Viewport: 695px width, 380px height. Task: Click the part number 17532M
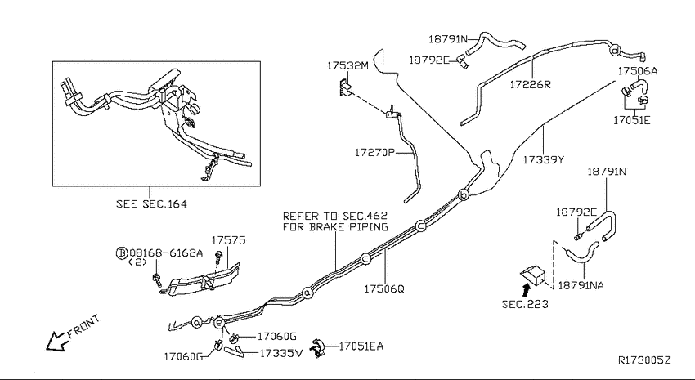pos(348,66)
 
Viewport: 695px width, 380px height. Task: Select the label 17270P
pos(374,152)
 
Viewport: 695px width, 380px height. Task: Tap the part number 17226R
pos(530,85)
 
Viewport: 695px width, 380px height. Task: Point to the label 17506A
pos(638,71)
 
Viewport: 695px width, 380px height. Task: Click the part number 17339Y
pos(544,159)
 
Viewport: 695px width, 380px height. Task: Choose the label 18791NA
pos(581,286)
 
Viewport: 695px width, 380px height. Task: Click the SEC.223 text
pos(525,304)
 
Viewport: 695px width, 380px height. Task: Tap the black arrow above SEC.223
pos(526,291)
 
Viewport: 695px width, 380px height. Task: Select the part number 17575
pos(228,240)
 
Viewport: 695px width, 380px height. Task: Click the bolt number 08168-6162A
pos(166,253)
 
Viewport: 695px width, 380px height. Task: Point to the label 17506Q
pos(384,288)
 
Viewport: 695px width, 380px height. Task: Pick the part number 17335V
pos(281,353)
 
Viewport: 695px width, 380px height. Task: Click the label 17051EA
pos(361,346)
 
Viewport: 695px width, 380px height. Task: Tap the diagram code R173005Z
pos(644,360)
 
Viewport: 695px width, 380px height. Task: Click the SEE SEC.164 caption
pos(151,203)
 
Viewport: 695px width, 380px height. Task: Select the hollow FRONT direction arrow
pos(57,341)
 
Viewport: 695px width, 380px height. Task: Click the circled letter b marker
pos(463,194)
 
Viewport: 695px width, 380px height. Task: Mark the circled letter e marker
pos(219,323)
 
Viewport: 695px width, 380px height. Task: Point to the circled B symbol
pos(122,253)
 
